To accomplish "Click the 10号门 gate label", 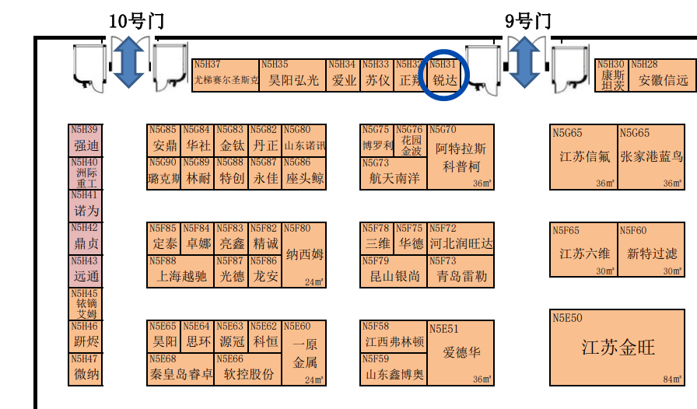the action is [136, 21].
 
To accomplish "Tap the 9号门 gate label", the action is [527, 21].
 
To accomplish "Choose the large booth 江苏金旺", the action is [618, 348].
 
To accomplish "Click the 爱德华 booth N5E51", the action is [461, 352].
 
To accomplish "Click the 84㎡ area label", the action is [672, 379].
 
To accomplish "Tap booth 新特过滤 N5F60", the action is [651, 253].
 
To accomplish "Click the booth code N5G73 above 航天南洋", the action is [376, 163].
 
